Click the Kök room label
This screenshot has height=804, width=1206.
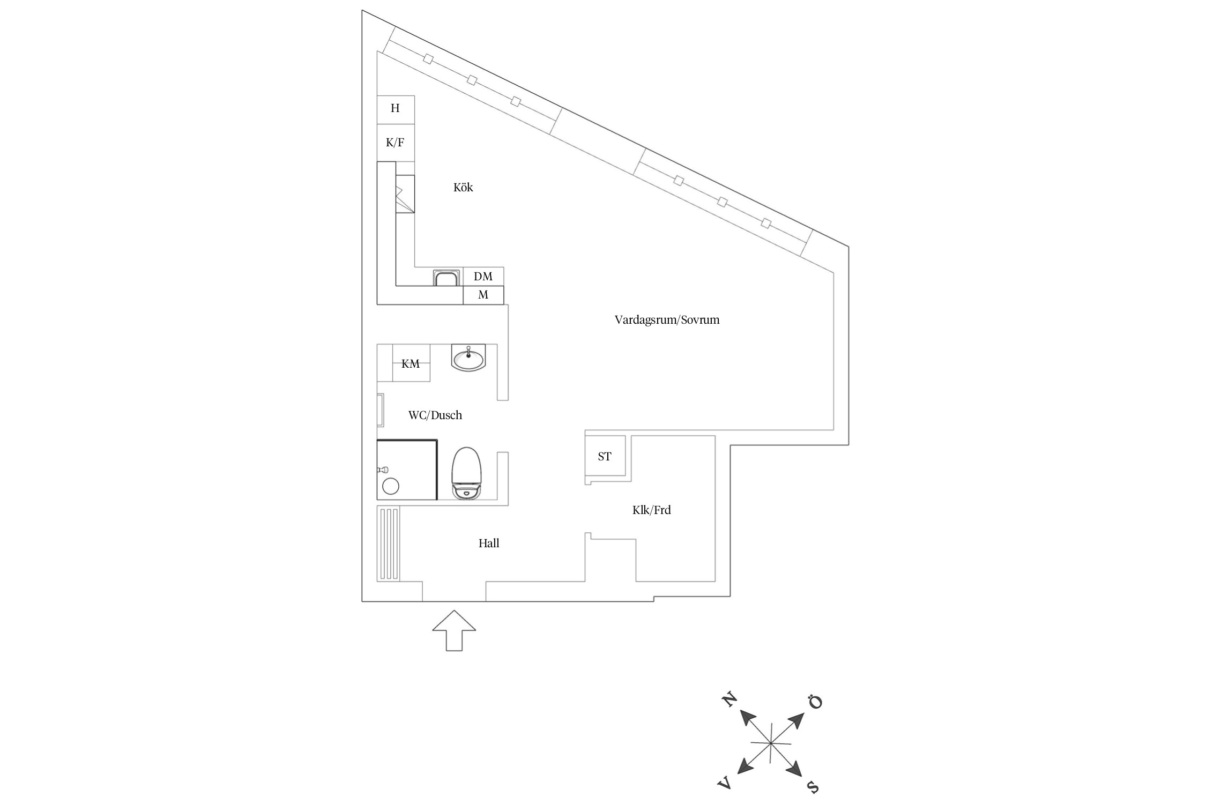coord(463,188)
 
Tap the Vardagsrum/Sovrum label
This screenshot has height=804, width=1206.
coord(667,320)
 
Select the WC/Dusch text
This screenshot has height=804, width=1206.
coord(435,415)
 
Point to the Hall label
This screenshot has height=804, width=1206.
coord(489,544)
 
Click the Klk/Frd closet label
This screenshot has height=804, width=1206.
coord(651,510)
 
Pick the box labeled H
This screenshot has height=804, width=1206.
coord(396,109)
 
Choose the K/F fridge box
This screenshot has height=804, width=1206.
coord(396,143)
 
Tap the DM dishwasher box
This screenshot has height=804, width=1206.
coord(483,277)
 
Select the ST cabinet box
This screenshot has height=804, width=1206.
coord(605,457)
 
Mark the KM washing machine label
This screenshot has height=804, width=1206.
coord(411,364)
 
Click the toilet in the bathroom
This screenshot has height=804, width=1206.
coord(467,473)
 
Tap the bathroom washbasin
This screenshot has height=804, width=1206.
coord(468,358)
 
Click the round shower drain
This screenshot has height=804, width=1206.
coord(391,486)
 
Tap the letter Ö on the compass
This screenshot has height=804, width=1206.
coord(815,702)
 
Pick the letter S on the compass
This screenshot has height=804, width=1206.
coord(813,786)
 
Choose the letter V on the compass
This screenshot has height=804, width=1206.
coord(725,784)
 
